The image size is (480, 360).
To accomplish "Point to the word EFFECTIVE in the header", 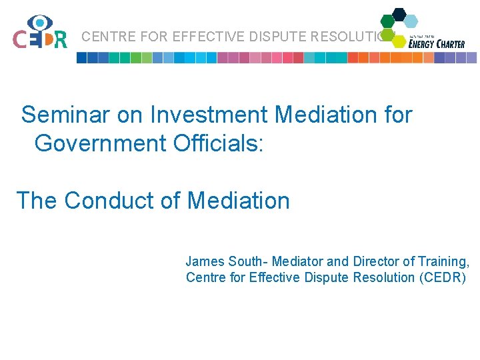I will coord(199,37).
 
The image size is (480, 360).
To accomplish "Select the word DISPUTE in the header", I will coord(267,37).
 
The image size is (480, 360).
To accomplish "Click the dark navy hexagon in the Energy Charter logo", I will coord(399,14).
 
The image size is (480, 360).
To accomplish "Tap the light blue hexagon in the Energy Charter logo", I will coord(411,21).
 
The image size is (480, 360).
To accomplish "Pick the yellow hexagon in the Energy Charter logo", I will coord(399,41).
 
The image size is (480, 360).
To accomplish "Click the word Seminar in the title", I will coord(64,115).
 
